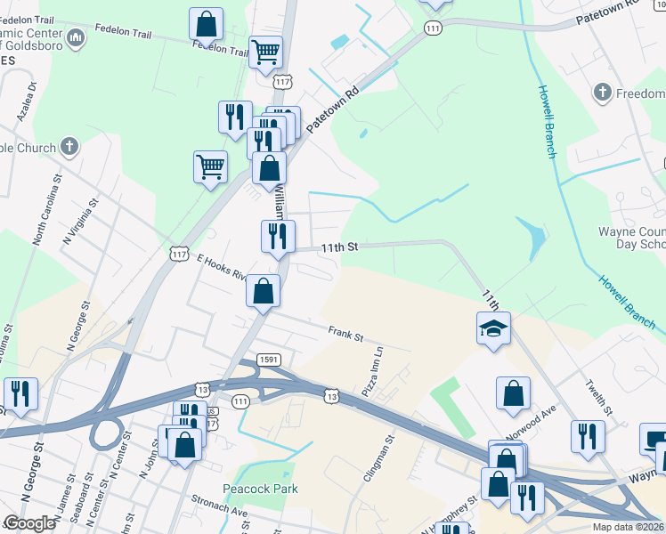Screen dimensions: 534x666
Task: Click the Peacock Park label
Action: [267, 489]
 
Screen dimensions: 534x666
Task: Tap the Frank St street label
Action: [346, 335]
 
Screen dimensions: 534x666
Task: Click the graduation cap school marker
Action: [493, 328]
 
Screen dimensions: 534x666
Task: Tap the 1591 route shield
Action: [270, 359]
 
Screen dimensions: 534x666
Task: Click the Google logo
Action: [29, 523]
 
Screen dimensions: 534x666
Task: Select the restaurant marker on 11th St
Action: [278, 236]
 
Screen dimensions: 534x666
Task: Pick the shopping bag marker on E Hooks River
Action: [264, 290]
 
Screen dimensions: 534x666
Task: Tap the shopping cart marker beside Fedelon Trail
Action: [265, 52]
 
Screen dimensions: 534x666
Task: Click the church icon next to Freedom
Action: [602, 93]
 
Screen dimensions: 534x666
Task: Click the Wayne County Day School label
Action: [630, 238]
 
